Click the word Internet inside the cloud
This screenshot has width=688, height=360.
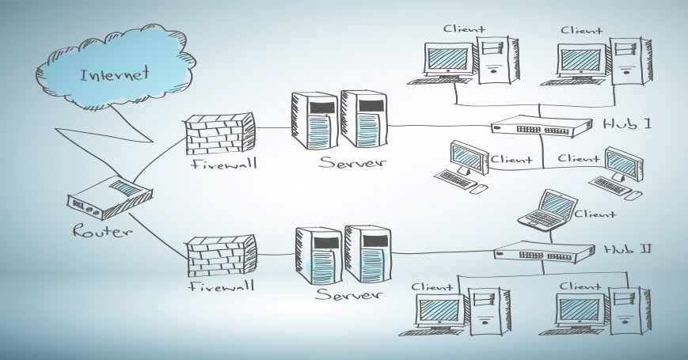pos(114,76)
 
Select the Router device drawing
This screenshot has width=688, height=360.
pos(109,199)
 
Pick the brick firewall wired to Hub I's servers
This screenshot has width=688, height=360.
pos(221,133)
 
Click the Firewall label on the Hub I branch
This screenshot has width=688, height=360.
pos(220,165)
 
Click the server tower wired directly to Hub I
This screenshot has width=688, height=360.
pos(363,119)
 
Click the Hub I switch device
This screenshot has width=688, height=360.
pos(542,126)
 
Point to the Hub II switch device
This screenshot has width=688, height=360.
pos(544,253)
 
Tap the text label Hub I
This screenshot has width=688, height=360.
pos(627,124)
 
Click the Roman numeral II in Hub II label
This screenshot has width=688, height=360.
pos(644,249)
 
